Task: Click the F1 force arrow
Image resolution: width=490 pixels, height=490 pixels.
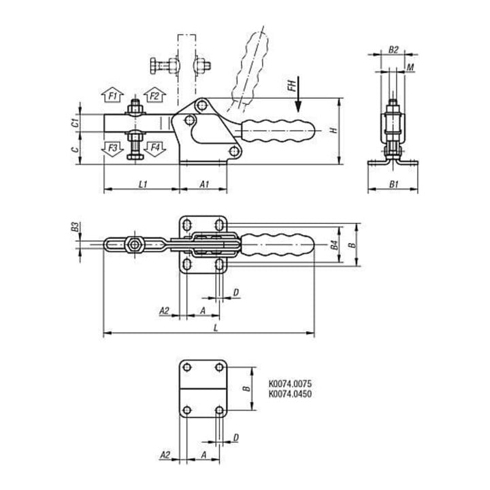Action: click(112, 95)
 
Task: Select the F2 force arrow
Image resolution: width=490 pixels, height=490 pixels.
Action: click(154, 95)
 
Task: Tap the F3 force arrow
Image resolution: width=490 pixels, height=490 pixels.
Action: click(112, 148)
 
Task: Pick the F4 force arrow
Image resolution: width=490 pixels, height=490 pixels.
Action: click(154, 148)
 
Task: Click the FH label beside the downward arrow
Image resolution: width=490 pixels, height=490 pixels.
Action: click(291, 85)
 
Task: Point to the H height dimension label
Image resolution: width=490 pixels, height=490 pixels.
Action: click(334, 130)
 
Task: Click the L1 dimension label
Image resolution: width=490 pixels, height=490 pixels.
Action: click(142, 184)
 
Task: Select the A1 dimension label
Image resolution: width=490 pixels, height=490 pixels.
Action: click(204, 184)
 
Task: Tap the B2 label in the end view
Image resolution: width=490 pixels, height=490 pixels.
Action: click(393, 50)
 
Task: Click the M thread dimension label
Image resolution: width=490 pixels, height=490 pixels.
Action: click(410, 67)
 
